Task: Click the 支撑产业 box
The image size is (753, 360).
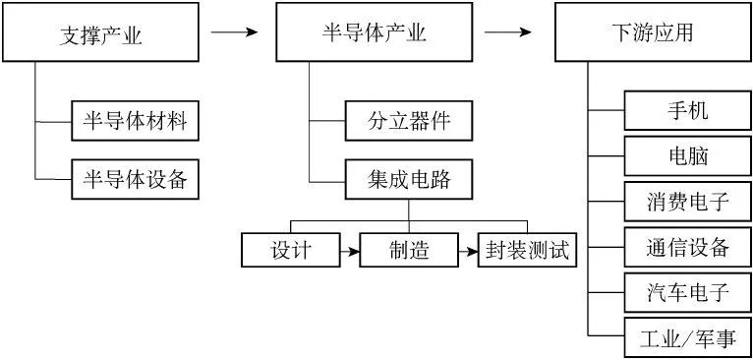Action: point(101,36)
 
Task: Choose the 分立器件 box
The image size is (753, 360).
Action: point(408,123)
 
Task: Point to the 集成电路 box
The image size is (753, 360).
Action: point(408,180)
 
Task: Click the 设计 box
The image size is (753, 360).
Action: point(291,250)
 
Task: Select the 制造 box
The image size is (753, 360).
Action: point(408,250)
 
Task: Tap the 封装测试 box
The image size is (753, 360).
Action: point(526,250)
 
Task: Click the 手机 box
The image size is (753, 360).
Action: point(687,109)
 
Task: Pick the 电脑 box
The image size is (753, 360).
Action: point(687,155)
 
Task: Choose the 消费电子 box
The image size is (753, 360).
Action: point(687,202)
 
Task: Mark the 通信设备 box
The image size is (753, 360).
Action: point(687,248)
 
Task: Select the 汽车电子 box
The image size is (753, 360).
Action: point(687,293)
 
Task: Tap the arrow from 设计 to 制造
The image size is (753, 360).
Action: point(350,252)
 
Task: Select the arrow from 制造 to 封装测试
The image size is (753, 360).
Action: point(467,252)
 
